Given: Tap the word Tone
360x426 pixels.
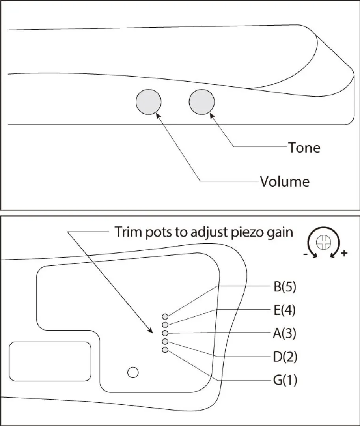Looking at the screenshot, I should pyautogui.click(x=304, y=148).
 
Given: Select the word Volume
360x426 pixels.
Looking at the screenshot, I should pyautogui.click(x=285, y=181).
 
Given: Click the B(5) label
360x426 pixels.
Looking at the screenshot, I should pyautogui.click(x=285, y=287).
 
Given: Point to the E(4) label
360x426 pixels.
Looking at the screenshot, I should pyautogui.click(x=284, y=310).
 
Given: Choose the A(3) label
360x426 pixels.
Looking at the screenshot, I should pyautogui.click(x=284, y=334).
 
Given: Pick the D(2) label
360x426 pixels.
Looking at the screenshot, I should pyautogui.click(x=285, y=357).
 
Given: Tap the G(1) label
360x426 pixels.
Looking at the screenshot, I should pyautogui.click(x=285, y=381).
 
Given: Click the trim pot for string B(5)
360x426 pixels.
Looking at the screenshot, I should pyautogui.click(x=165, y=316).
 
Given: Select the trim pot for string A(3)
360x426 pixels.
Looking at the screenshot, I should pyautogui.click(x=165, y=333).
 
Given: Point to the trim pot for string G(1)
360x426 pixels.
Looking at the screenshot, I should pyautogui.click(x=165, y=350).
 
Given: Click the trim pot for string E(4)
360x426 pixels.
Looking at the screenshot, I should pyautogui.click(x=165, y=325).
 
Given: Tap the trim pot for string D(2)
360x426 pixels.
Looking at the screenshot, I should pyautogui.click(x=165, y=341).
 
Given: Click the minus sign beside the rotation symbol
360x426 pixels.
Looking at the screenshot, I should pyautogui.click(x=306, y=255).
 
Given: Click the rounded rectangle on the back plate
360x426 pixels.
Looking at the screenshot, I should pyautogui.click(x=50, y=361).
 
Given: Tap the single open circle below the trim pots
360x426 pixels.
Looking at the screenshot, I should pyautogui.click(x=133, y=372).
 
